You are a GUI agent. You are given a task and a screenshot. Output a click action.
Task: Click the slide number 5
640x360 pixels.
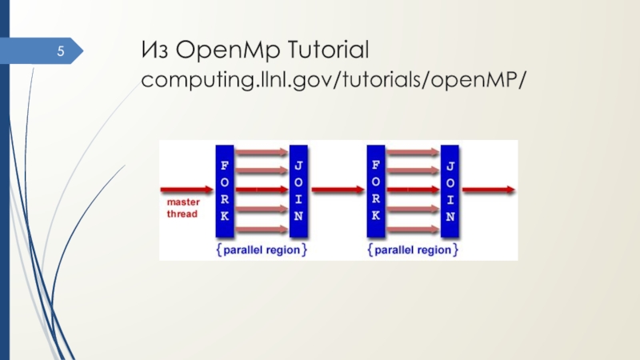[58, 53]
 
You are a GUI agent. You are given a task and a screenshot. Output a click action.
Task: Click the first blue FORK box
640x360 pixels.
[225, 191]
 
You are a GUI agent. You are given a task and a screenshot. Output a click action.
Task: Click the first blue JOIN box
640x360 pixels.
[298, 191]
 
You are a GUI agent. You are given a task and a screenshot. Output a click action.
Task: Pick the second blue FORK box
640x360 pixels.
[375, 191]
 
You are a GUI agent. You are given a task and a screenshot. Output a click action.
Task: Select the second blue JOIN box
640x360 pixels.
[450, 191]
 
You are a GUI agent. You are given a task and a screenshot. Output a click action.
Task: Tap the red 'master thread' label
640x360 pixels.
[182, 208]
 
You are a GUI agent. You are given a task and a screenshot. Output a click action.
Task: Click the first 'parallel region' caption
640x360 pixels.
[261, 250]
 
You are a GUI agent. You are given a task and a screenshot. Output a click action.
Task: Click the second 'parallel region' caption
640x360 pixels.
[413, 250]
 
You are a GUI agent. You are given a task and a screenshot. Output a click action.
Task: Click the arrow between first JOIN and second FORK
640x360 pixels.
[336, 190]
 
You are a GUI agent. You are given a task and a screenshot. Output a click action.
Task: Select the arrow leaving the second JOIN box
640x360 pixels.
[487, 190]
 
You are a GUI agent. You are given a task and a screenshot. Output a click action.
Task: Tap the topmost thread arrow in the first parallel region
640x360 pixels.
[262, 151]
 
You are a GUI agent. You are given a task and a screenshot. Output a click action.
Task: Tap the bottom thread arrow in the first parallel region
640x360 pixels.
[262, 230]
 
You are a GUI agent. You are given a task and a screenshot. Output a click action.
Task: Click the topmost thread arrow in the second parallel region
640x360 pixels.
[413, 151]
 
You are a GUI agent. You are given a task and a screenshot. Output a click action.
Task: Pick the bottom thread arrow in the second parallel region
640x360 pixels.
[413, 230]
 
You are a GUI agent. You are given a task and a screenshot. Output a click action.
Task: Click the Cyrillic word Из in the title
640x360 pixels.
[155, 54]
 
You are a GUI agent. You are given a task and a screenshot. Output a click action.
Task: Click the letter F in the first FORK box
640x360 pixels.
[225, 162]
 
